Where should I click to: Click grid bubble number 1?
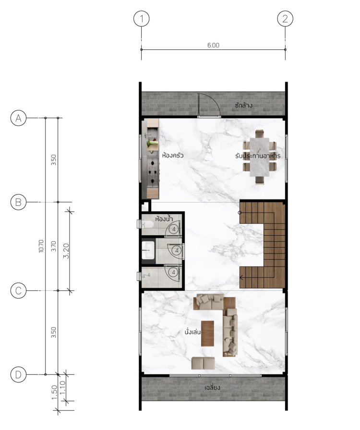141,19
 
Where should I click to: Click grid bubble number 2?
285,19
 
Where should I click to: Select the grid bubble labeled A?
18,118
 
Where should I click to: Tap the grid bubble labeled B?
18,202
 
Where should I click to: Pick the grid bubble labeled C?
18,290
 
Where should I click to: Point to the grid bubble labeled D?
18,374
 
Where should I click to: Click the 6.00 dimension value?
213,45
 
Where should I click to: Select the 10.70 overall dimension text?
41,246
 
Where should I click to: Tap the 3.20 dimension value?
66,251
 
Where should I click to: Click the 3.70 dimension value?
54,246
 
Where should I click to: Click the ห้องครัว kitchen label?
173,155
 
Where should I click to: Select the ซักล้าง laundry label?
243,105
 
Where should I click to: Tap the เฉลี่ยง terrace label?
212,387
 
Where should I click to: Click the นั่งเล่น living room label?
192,332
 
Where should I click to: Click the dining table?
259,157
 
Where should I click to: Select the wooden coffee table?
207,334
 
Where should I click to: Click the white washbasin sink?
148,250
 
